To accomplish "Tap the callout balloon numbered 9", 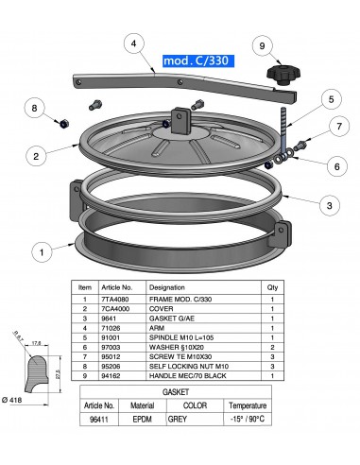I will click(x=265, y=43).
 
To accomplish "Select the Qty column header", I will click(x=272, y=285).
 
